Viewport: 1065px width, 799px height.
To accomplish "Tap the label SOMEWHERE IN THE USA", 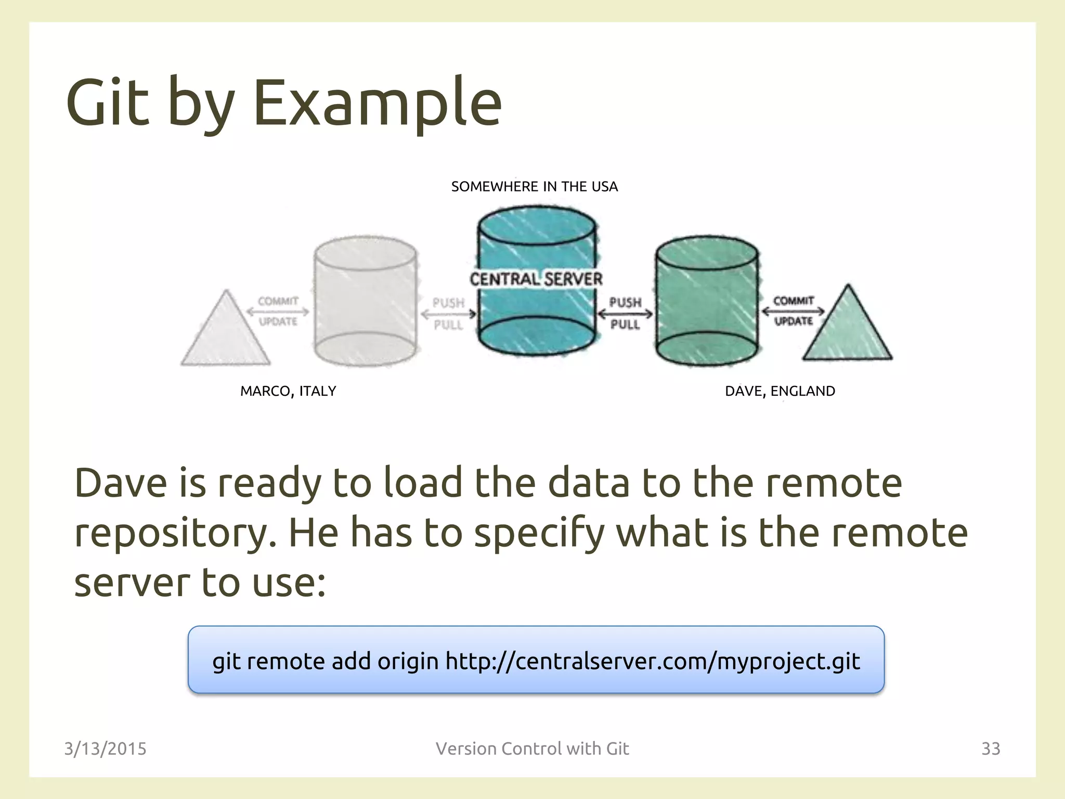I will coord(534,187).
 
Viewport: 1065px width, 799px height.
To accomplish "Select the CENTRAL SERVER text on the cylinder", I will coord(536,279).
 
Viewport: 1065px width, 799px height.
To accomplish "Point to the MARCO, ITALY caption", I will coord(288,391).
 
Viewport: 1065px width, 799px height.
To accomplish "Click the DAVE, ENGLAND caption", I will coord(780,391).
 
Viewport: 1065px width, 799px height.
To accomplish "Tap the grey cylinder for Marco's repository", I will coord(365,302).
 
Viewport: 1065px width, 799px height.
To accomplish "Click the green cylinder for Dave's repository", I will coord(706,302).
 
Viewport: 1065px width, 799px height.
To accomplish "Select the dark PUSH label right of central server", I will coord(625,302).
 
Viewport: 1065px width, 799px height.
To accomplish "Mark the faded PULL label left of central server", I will coord(448,325).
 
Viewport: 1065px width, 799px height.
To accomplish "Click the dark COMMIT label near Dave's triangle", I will coord(793,301).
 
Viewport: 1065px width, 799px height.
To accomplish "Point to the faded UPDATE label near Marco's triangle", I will coord(278,322).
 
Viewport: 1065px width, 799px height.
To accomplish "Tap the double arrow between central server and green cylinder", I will coord(625,314).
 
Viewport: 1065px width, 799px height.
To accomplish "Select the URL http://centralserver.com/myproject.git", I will coord(653,661).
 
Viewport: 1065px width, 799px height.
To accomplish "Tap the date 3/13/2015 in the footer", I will coord(105,749).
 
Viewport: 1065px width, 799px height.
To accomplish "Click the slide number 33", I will coord(990,749).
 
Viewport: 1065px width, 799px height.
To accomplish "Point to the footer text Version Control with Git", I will coord(532,749).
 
